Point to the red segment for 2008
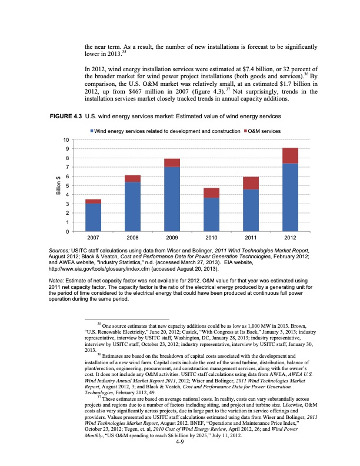pyautogui.click(x=132, y=178)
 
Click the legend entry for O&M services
pyautogui.click(x=261, y=129)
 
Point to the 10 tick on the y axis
pyautogui.click(x=68, y=140)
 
